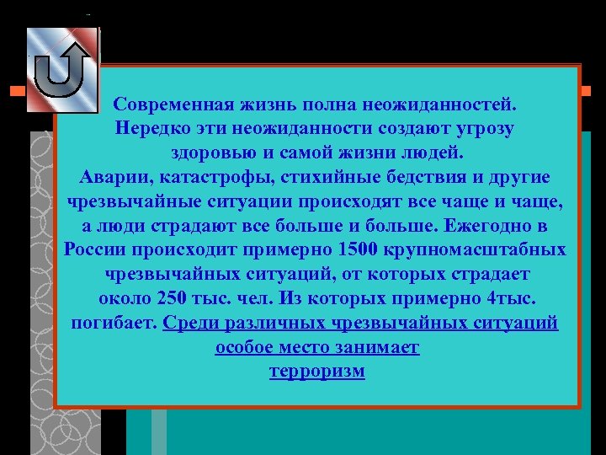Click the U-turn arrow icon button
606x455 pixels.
coord(62,70)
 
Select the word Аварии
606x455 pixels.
coord(112,179)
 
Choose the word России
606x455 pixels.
coord(93,251)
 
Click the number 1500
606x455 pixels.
coord(357,251)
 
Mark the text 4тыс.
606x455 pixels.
coord(508,300)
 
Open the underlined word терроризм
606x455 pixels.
coord(317,372)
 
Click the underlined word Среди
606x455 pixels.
coord(191,324)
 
